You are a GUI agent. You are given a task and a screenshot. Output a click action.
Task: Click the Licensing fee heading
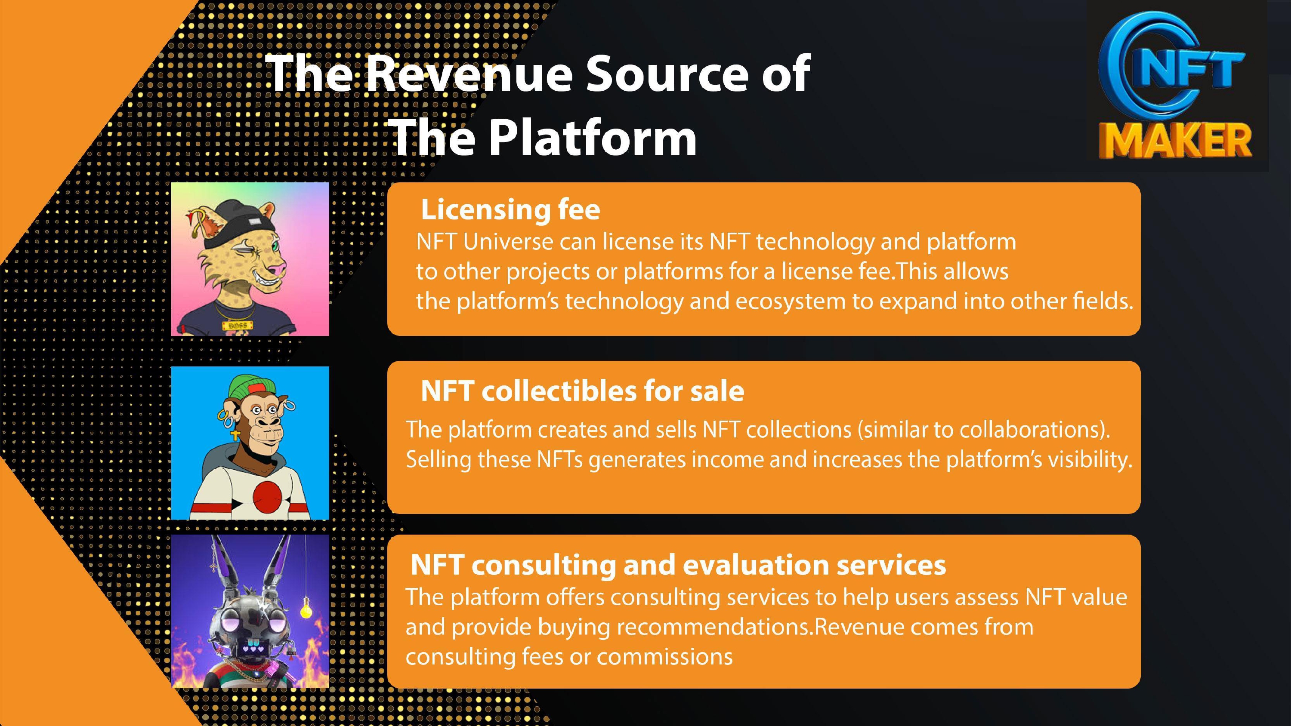510,209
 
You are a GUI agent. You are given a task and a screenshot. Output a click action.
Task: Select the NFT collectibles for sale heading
582,391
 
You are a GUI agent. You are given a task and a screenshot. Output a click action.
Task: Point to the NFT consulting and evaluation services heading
678,565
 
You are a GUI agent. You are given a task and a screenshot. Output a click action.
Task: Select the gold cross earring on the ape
235,435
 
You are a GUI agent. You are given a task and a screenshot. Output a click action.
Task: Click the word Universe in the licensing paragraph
507,242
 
